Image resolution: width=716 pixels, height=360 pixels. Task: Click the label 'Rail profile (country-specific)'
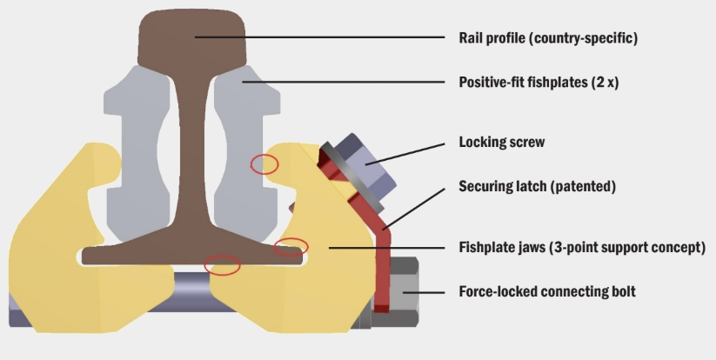[548, 38]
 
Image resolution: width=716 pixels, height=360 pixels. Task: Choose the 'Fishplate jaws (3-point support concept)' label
[581, 248]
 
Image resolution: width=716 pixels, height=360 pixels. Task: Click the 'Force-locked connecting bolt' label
[546, 291]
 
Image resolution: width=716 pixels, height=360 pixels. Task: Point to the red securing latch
[380, 252]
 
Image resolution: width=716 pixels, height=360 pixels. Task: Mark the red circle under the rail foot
[223, 264]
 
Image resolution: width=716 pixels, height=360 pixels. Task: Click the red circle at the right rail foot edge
[291, 247]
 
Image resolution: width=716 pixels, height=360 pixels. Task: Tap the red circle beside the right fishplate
[264, 163]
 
